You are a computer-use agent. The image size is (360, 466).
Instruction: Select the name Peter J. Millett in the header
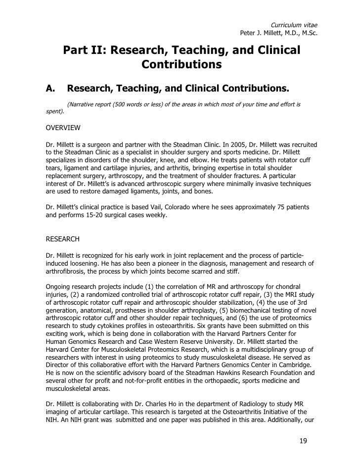point(261,34)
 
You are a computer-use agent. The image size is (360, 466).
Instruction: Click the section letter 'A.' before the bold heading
point(49,89)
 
